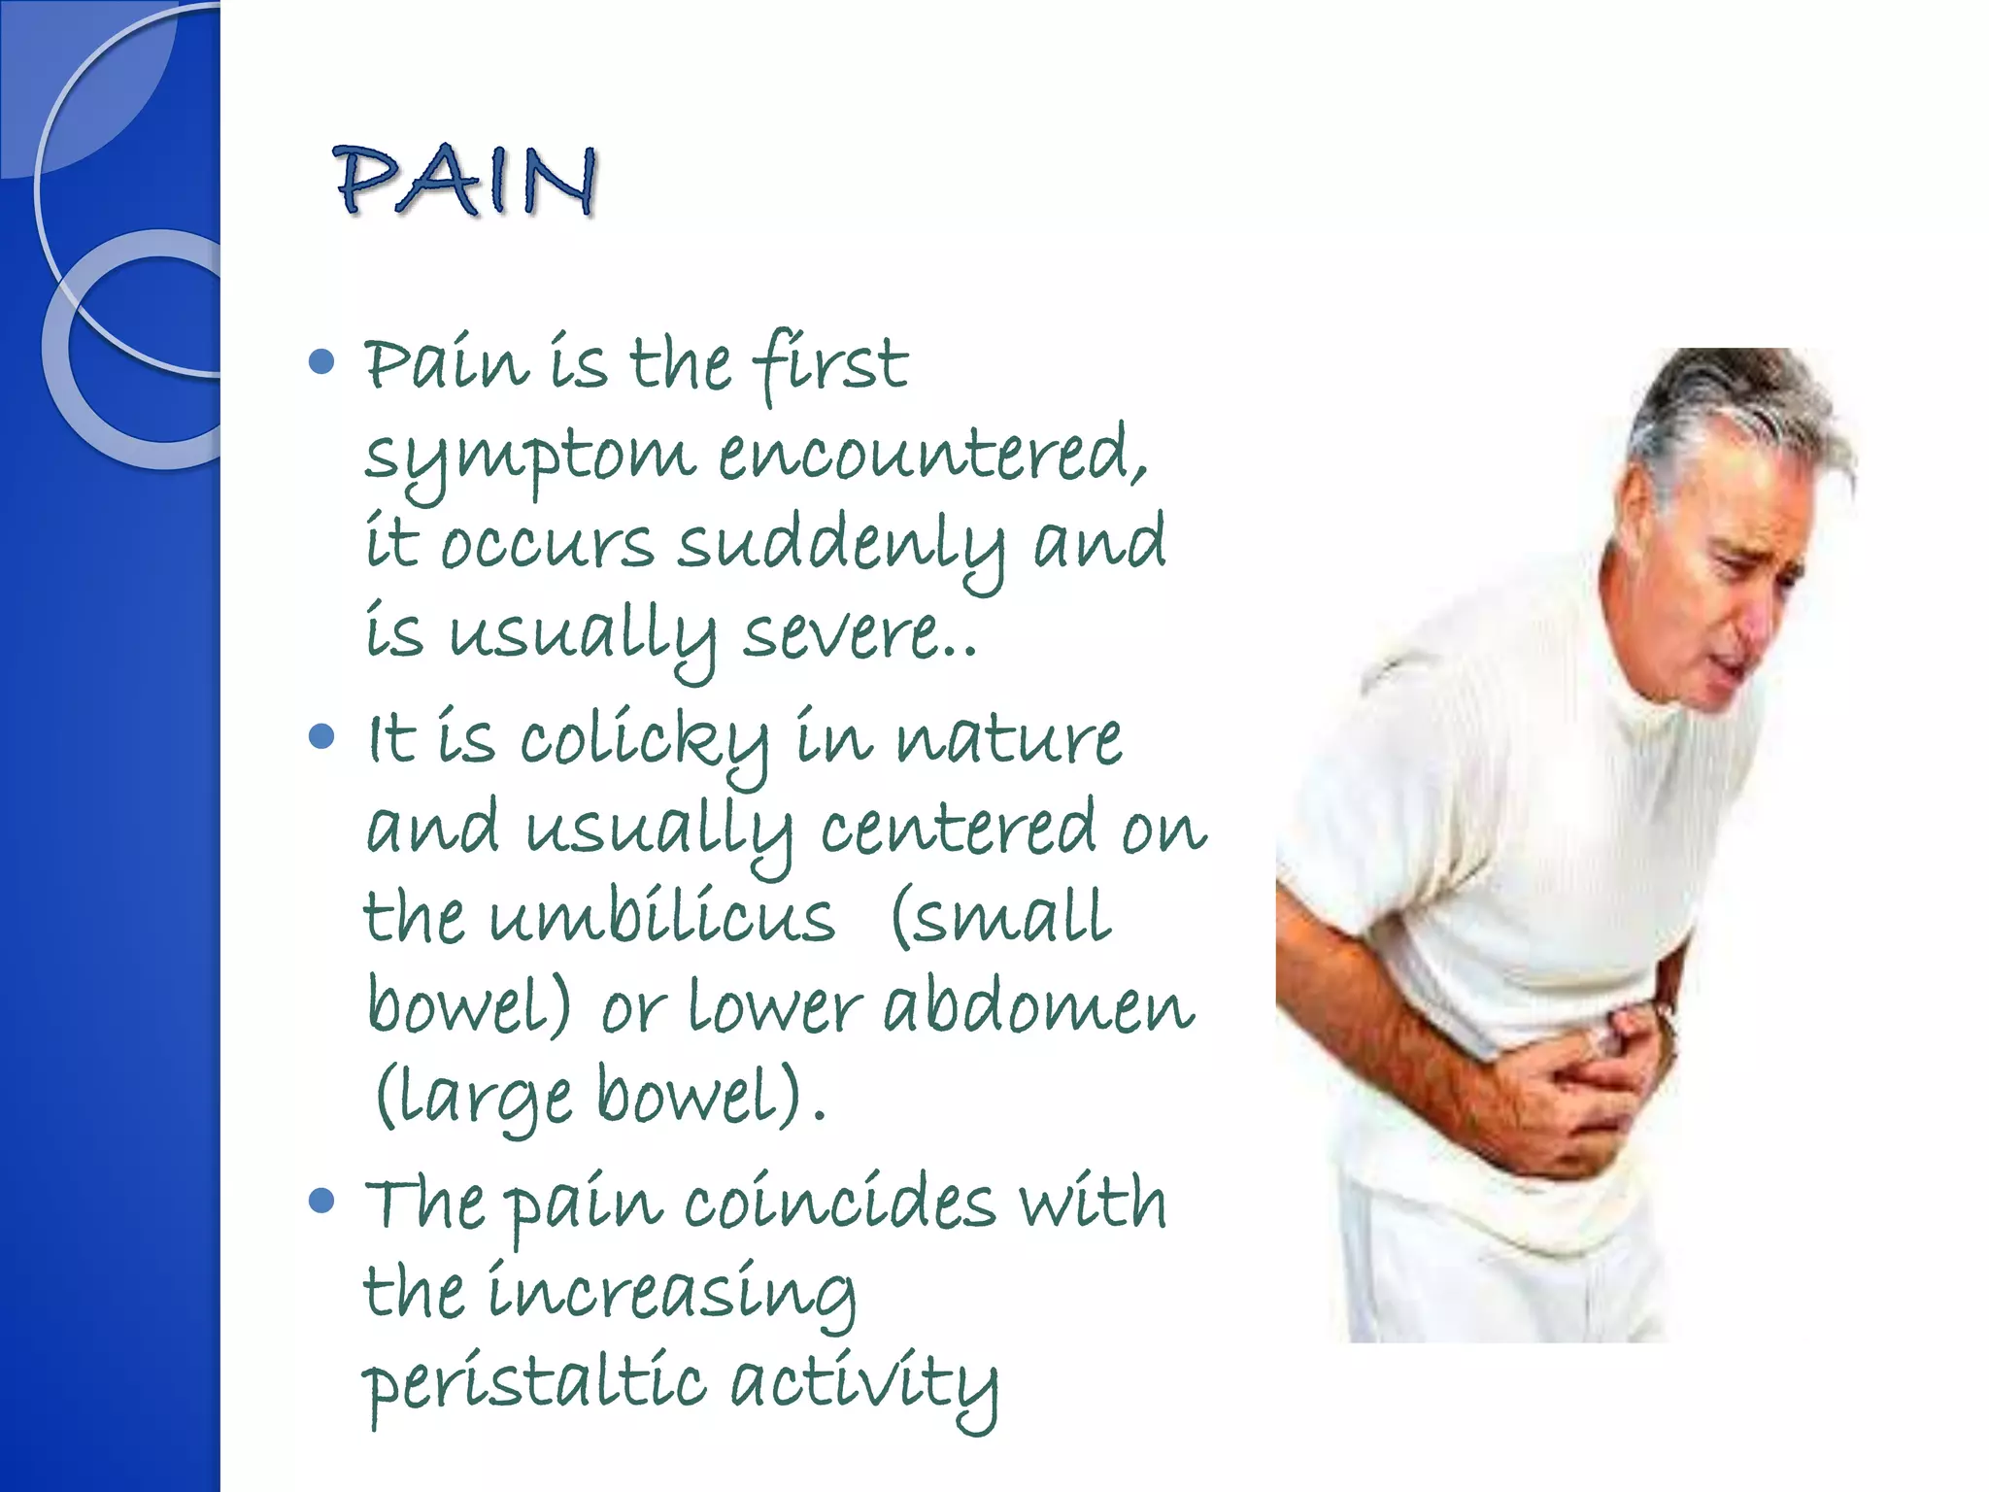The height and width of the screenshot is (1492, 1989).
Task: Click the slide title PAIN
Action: (464, 181)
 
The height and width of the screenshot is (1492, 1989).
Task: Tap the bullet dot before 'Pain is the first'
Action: (320, 363)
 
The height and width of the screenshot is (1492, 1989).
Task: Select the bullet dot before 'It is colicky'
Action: (320, 736)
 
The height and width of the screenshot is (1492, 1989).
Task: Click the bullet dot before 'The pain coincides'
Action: (320, 1201)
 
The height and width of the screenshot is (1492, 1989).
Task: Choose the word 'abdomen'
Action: (1037, 1006)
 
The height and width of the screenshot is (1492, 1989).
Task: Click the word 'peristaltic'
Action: (533, 1383)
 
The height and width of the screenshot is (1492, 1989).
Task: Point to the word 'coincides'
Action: (839, 1203)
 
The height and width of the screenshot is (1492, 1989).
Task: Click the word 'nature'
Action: (1008, 740)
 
